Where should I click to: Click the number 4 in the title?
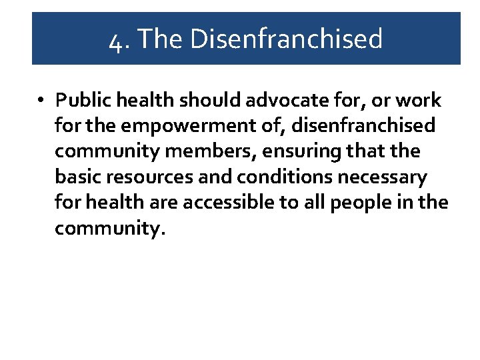click(x=115, y=39)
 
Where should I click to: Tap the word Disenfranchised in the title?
click(x=286, y=38)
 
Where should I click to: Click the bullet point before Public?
click(x=41, y=101)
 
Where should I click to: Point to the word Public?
click(x=80, y=101)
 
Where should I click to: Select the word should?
click(x=218, y=100)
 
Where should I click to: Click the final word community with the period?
click(x=109, y=228)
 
